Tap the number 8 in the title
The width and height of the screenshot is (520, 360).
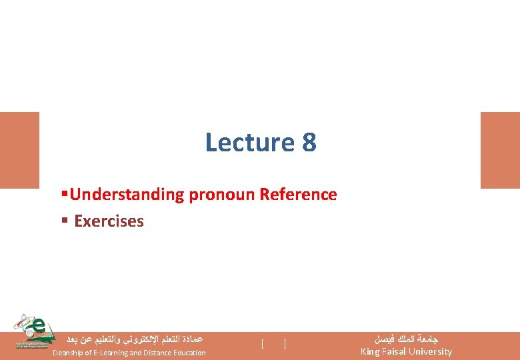[309, 143]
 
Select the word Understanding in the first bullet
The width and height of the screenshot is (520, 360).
[127, 195]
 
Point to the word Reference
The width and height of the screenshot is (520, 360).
[298, 195]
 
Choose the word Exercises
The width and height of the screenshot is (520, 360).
[109, 221]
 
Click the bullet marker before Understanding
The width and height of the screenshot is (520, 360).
[64, 195]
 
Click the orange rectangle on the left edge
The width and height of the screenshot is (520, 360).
[19, 150]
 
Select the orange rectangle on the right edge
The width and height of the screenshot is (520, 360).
[500, 150]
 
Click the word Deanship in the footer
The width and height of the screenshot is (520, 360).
[69, 353]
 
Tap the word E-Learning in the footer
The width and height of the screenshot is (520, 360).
[116, 353]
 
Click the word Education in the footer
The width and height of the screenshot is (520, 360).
[191, 353]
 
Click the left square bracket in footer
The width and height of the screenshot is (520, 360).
[263, 345]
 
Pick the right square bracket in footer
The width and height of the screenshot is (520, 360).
[285, 345]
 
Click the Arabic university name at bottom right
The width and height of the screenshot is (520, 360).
[406, 339]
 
